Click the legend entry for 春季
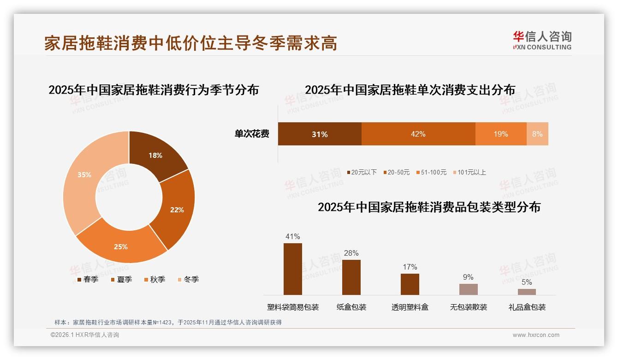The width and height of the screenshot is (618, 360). tap(87, 280)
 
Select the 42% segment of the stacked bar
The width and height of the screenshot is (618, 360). tap(418, 134)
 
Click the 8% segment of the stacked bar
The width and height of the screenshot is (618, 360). tap(537, 134)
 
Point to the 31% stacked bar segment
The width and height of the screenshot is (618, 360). tap(319, 134)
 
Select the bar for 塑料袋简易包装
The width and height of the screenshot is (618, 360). tap(292, 269)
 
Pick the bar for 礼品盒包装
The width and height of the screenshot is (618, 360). tap(527, 292)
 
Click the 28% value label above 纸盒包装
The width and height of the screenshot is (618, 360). tap(351, 253)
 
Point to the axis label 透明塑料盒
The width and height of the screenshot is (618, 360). tap(410, 307)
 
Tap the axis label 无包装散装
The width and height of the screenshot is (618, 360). tap(468, 307)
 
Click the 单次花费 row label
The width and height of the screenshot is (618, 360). tap(252, 134)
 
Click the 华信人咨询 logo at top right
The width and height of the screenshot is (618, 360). tap(542, 40)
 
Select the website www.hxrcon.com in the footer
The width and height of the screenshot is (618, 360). tap(536, 335)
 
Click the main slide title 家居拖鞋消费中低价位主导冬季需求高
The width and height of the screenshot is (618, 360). tap(190, 43)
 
